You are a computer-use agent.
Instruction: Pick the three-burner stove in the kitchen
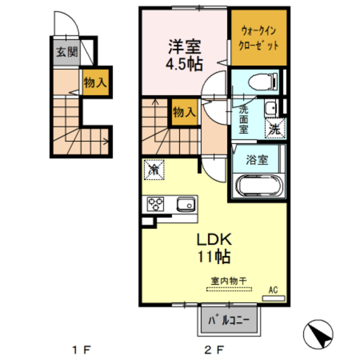(x=156, y=204)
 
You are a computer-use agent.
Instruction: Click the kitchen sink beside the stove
(x=186, y=204)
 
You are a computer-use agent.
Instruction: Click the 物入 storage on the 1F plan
(x=95, y=82)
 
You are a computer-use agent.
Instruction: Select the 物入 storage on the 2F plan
(x=184, y=111)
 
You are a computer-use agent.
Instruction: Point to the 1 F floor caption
(x=81, y=350)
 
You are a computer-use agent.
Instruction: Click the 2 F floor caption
(x=214, y=350)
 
